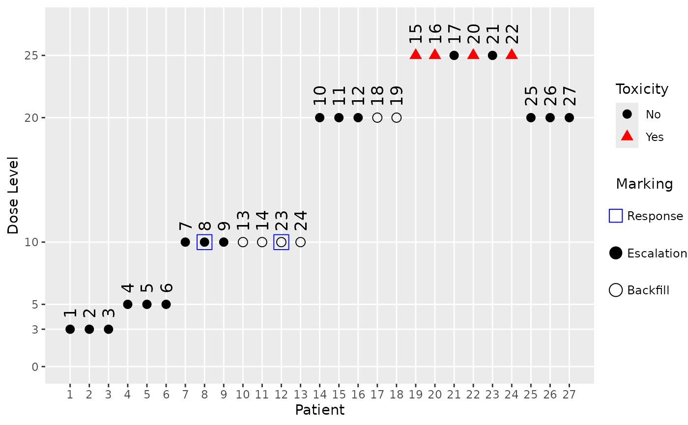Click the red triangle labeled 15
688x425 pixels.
pos(416,55)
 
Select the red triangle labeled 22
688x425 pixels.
pos(512,55)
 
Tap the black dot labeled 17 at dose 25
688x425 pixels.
pos(454,56)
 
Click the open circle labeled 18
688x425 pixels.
pos(377,118)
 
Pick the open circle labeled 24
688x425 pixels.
pos(301,242)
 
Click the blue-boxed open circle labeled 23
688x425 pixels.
pos(281,242)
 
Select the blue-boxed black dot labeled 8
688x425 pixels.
pos(204,242)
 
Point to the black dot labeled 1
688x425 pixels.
pos(70,329)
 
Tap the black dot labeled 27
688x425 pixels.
pos(569,118)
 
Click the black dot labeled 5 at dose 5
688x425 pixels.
pos(147,304)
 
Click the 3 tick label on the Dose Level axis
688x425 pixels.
pos(35,329)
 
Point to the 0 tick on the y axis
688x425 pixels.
pos(35,367)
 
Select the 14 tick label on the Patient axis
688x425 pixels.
pos(319,395)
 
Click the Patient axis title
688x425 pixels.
pos(319,410)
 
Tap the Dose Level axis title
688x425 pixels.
pos(13,196)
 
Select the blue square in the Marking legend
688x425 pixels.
pos(616,216)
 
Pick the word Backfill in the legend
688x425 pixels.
pos(648,290)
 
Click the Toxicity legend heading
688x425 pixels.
pos(642,89)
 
